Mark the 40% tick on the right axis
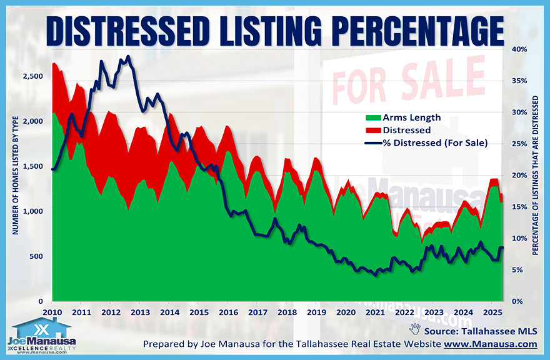click(x=519, y=49)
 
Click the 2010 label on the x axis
click(x=52, y=312)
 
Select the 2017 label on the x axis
click(x=257, y=312)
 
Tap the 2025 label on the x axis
click(x=492, y=312)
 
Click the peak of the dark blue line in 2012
click(x=127, y=57)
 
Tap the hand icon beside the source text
click(x=414, y=327)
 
